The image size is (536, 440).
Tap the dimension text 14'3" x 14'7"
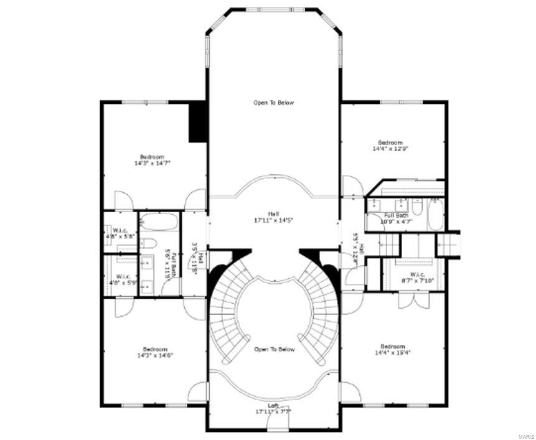click(153, 163)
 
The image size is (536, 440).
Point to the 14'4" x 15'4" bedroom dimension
click(393, 352)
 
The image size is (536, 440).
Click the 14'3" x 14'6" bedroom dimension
click(155, 356)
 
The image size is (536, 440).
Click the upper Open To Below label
click(273, 103)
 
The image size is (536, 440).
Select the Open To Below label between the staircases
click(274, 350)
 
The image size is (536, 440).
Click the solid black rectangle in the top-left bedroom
click(198, 121)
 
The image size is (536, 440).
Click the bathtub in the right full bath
click(436, 215)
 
